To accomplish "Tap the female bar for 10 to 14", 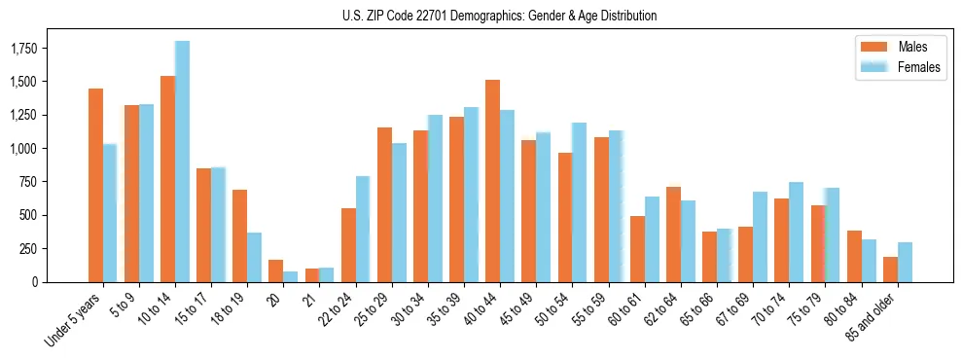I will (182, 162).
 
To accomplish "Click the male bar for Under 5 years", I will (95, 185).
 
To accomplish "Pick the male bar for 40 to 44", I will (492, 181).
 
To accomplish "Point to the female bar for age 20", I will (290, 276).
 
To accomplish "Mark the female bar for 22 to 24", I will (363, 229).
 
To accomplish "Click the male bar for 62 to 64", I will (673, 234).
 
